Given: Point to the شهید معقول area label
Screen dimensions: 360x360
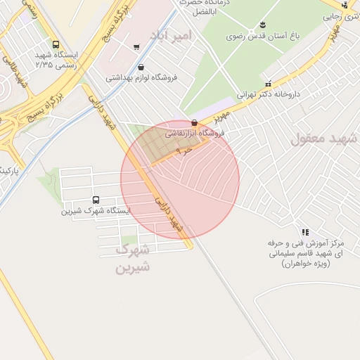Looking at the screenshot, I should [324, 138].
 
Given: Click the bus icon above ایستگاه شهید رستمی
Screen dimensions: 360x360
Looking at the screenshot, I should [56, 45].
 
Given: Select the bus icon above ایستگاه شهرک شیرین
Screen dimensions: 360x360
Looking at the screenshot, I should [96, 200].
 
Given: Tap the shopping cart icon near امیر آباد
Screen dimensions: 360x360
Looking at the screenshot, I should [136, 48].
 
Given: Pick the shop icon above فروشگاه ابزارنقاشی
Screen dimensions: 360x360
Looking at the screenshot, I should [194, 123].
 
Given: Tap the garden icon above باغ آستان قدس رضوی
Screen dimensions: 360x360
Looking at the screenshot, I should [263, 25].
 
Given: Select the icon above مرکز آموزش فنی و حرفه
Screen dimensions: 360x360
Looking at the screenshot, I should [304, 231].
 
